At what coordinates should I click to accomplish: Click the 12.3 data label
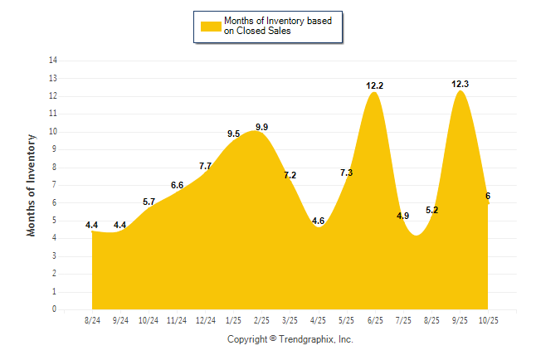click(x=459, y=84)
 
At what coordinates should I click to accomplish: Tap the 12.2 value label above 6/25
click(x=374, y=85)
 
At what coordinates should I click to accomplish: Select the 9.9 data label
click(x=261, y=127)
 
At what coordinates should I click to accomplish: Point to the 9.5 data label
click(x=233, y=134)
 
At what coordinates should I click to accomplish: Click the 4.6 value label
click(x=318, y=221)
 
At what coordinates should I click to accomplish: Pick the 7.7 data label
click(x=205, y=166)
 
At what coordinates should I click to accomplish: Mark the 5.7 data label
click(x=149, y=202)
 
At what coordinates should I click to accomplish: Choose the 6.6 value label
click(x=177, y=185)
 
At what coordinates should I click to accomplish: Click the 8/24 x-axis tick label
click(x=93, y=319)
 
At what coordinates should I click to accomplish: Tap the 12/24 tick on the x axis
click(x=205, y=319)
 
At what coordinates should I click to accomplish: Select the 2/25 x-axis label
click(x=261, y=319)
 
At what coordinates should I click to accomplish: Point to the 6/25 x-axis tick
click(x=374, y=319)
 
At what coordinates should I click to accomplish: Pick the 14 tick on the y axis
click(x=53, y=61)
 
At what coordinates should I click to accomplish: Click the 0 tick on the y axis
click(x=55, y=309)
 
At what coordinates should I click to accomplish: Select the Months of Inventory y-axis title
click(x=32, y=185)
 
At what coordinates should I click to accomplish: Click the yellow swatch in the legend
click(x=210, y=26)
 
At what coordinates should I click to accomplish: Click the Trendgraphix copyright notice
click(x=290, y=339)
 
